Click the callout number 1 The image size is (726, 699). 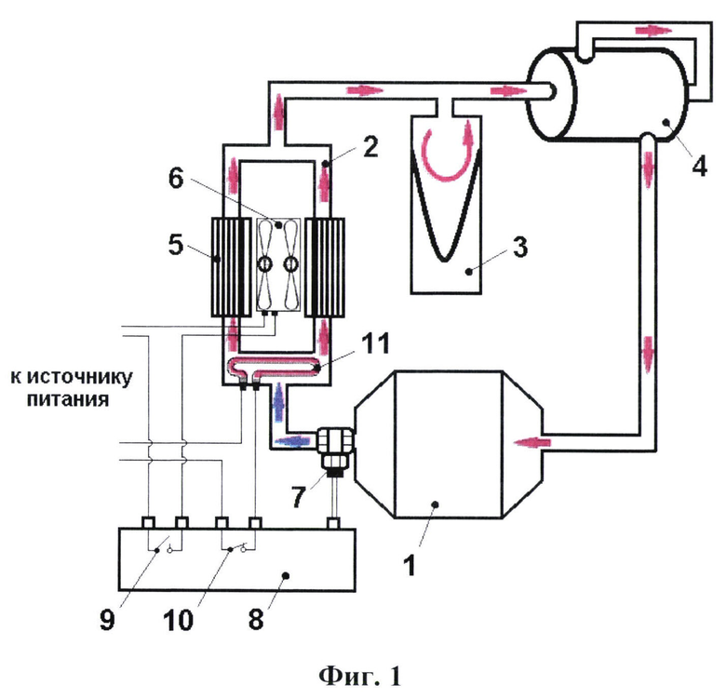pyautogui.click(x=409, y=565)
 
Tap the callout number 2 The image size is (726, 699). pyautogui.click(x=370, y=146)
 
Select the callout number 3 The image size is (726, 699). pyautogui.click(x=520, y=247)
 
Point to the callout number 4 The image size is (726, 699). pyautogui.click(x=699, y=166)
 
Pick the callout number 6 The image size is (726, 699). pyautogui.click(x=176, y=178)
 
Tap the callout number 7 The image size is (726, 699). pyautogui.click(x=299, y=497)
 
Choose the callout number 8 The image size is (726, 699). pyautogui.click(x=256, y=619)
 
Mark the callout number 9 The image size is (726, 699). pyautogui.click(x=107, y=619)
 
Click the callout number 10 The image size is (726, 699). pyautogui.click(x=178, y=619)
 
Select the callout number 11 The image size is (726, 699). pyautogui.click(x=375, y=343)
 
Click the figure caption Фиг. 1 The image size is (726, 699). pyautogui.click(x=360, y=677)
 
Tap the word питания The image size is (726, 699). pyautogui.click(x=68, y=399)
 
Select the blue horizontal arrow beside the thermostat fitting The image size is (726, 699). pyautogui.click(x=292, y=440)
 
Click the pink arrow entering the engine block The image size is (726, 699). pyautogui.click(x=532, y=442)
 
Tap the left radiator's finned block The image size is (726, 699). pyautogui.click(x=228, y=267)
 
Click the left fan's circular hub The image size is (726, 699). pyautogui.click(x=265, y=264)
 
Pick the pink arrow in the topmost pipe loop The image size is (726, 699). pyautogui.click(x=653, y=30)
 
